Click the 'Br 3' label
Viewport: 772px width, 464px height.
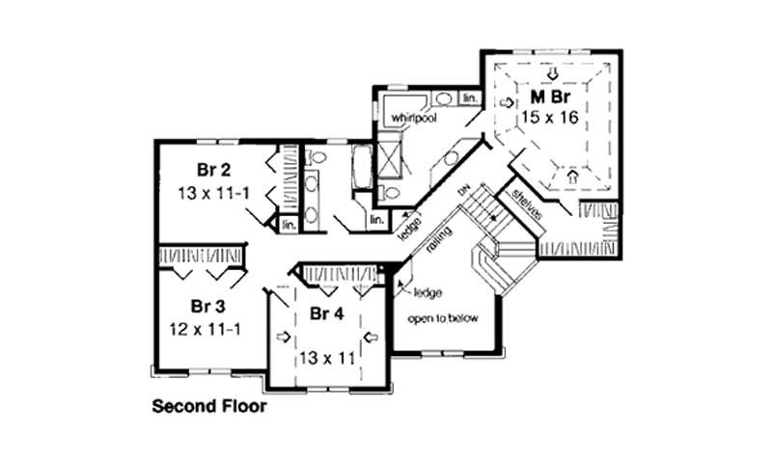point(207,307)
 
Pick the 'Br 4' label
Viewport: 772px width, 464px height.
point(326,314)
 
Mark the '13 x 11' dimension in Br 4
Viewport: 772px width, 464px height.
point(326,357)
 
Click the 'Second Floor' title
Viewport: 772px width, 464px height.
point(209,406)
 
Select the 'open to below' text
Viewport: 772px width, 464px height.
point(442,318)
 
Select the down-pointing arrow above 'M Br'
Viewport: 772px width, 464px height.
point(552,74)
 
